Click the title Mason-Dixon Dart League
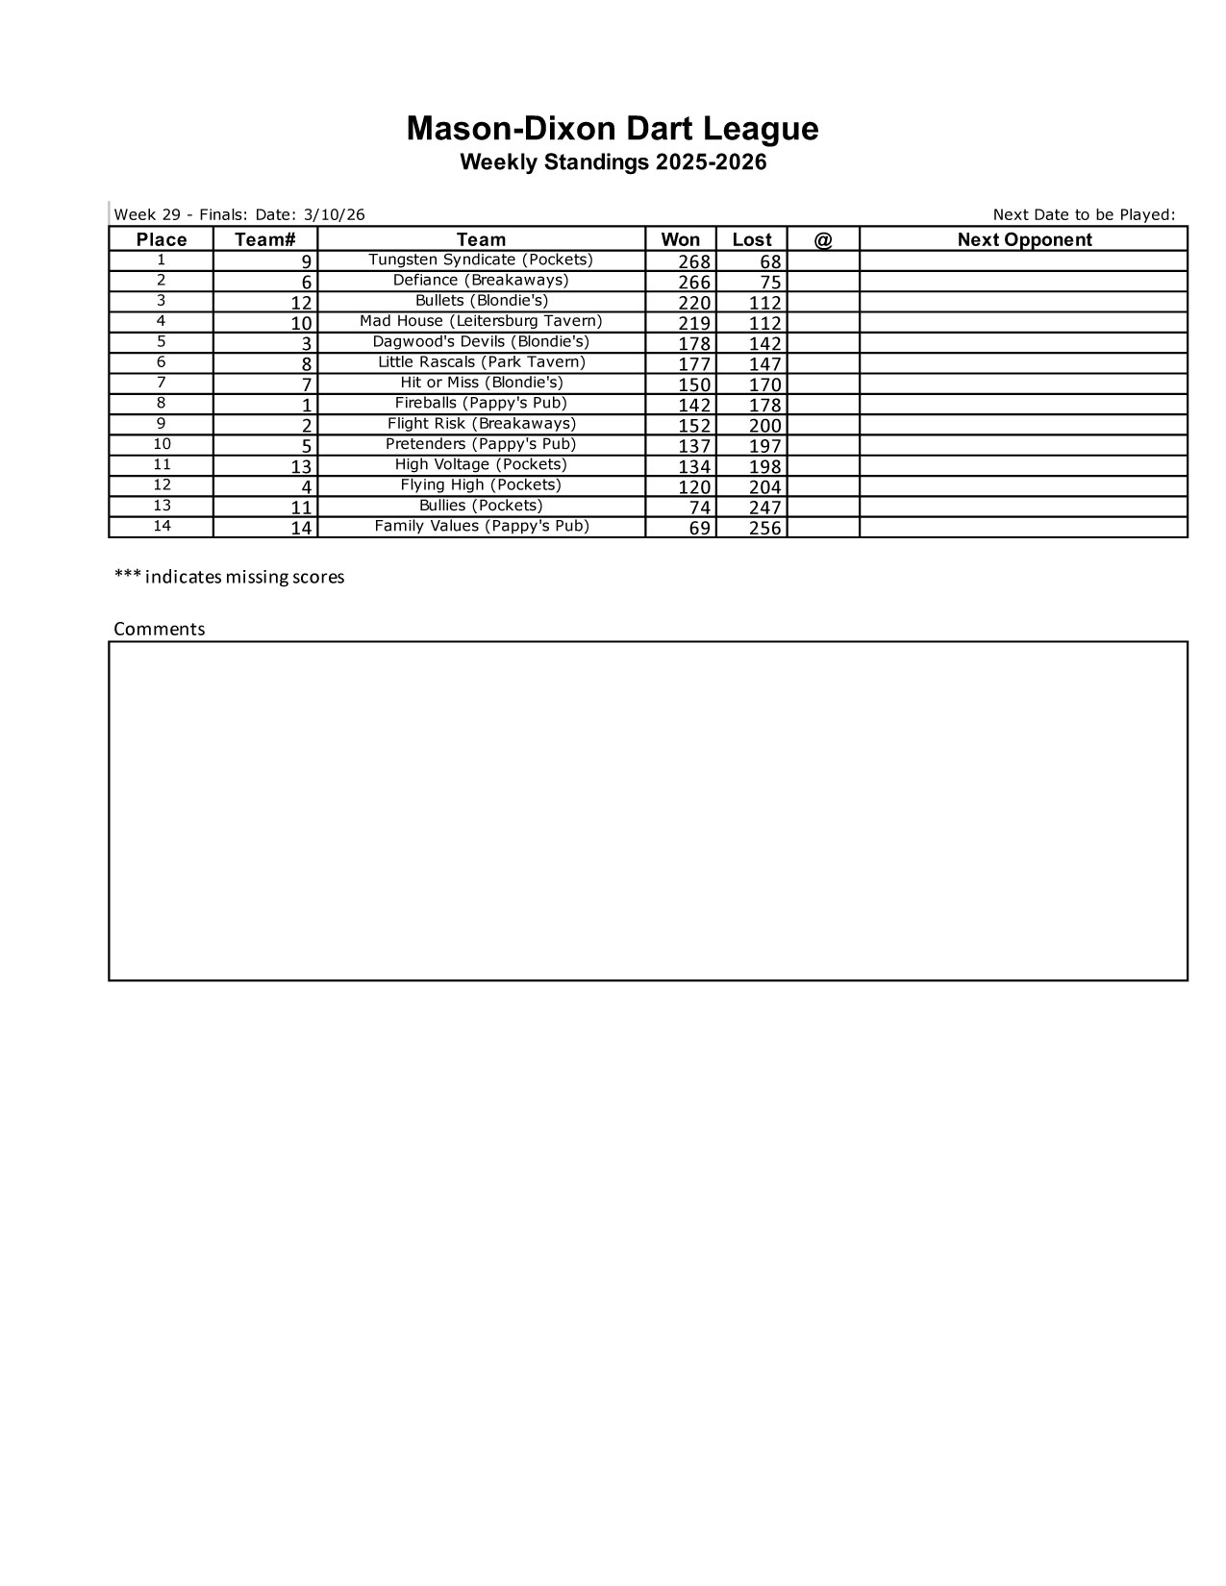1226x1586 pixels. point(613,129)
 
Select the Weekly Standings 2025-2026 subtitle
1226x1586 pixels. point(613,162)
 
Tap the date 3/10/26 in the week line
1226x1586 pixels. point(334,214)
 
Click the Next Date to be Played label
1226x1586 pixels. point(1084,214)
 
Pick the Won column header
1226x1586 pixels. point(680,239)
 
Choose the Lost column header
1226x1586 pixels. point(751,239)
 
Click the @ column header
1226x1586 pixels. point(823,239)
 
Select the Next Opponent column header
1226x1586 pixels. point(1024,239)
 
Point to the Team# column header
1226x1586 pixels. point(264,239)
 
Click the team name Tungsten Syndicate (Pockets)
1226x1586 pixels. point(481,260)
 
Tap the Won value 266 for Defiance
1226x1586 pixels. point(694,283)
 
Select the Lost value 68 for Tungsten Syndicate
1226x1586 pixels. point(770,262)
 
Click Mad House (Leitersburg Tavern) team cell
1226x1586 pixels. point(481,321)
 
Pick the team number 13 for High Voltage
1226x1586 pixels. point(301,467)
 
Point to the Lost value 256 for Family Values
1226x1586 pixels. point(764,528)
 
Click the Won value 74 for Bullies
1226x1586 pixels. point(699,508)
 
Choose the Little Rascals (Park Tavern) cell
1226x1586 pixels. point(481,362)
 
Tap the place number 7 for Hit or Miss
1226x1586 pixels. point(162,383)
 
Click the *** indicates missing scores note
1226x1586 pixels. point(229,577)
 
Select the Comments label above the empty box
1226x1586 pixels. point(160,629)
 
